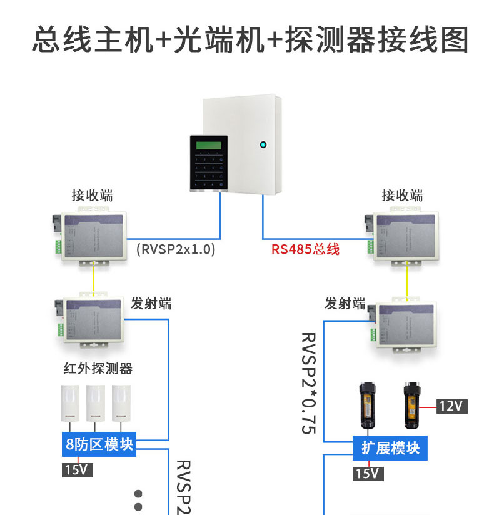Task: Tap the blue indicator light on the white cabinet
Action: (x=263, y=146)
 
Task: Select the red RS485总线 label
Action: (x=305, y=249)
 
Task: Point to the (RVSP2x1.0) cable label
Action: (x=175, y=249)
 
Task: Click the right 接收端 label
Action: (x=402, y=196)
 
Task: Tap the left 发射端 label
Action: (x=151, y=304)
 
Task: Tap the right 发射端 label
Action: (x=345, y=304)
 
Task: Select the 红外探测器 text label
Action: (x=98, y=369)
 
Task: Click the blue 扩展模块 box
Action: (x=391, y=447)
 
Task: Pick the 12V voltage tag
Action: (x=451, y=406)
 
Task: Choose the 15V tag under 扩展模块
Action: (x=368, y=473)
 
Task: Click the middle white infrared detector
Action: (x=95, y=403)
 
